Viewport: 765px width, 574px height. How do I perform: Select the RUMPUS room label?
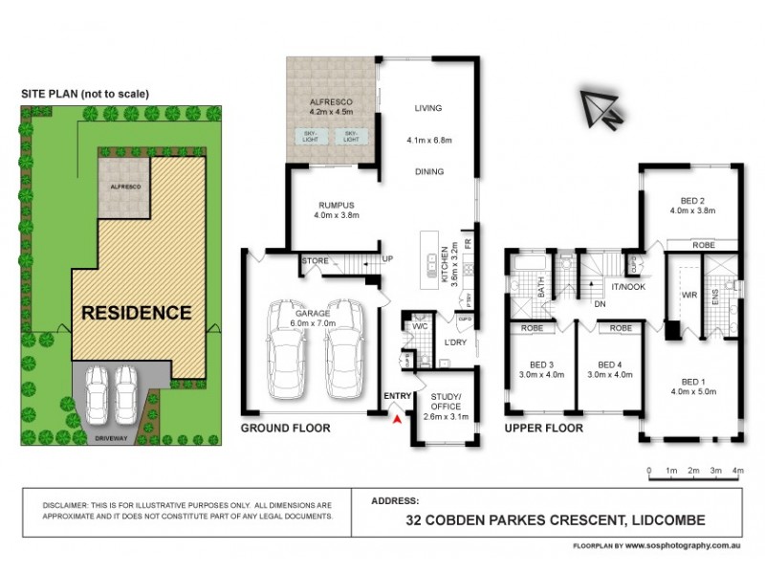coord(337,204)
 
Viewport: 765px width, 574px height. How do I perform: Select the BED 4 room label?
coord(610,364)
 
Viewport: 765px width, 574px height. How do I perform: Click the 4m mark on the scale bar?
coord(737,471)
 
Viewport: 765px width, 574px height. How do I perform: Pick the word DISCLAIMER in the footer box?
coord(71,505)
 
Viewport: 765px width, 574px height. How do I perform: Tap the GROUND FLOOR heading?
coord(285,429)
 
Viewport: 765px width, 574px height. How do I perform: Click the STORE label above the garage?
coord(316,260)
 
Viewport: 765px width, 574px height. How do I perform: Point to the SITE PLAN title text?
coord(86,93)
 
